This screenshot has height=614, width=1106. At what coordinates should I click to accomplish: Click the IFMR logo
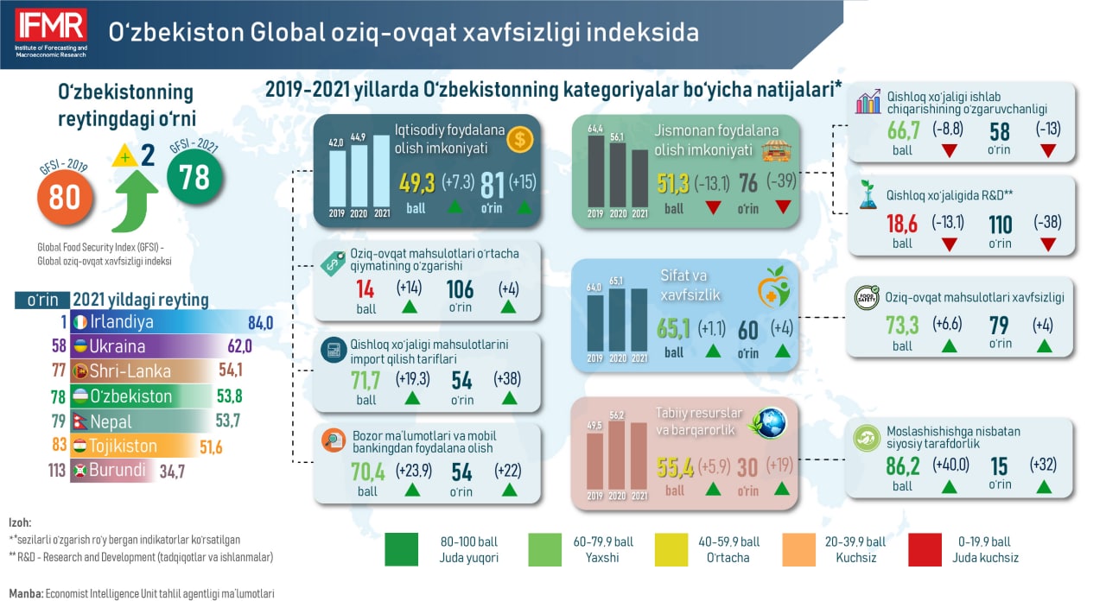(x=51, y=33)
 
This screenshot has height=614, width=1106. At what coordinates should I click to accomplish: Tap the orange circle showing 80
(x=65, y=198)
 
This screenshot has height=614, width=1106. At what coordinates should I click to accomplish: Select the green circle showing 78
(x=194, y=176)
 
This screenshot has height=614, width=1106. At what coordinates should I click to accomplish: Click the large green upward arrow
(x=134, y=200)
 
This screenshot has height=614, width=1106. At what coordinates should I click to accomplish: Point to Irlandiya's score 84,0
(x=260, y=323)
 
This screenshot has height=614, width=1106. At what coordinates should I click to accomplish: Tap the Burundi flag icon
(x=80, y=470)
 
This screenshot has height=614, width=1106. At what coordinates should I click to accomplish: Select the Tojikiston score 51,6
(x=211, y=447)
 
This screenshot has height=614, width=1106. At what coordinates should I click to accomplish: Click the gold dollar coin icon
(x=520, y=140)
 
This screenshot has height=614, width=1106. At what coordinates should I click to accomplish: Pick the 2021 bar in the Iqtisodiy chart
(x=382, y=171)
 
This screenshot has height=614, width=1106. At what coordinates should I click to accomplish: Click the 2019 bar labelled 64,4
(x=596, y=171)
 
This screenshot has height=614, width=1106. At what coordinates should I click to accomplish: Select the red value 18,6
(x=902, y=224)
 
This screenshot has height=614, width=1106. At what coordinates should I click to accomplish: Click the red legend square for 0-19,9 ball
(x=925, y=549)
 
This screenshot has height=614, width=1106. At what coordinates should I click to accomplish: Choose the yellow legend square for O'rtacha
(x=671, y=549)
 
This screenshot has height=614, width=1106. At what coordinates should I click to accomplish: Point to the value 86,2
(x=903, y=466)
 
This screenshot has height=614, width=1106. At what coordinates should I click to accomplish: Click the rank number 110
(x=1001, y=225)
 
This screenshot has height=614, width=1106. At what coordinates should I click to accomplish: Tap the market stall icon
(x=776, y=150)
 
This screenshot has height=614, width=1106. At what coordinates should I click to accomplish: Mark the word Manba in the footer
(x=26, y=594)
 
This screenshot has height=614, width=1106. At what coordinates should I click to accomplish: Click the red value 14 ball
(x=365, y=289)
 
